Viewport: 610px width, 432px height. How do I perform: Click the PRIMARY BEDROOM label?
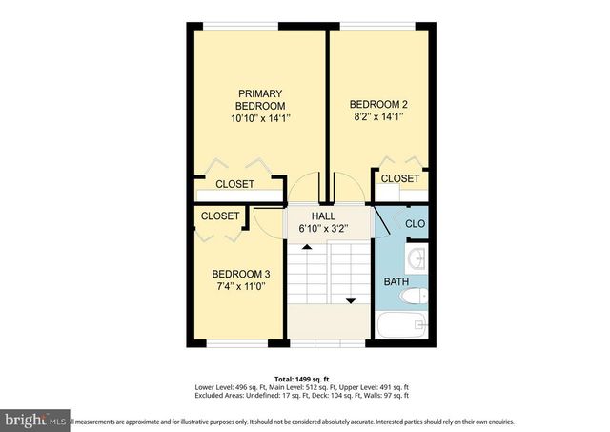[259, 99]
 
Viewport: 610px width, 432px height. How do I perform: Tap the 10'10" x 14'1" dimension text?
[259, 118]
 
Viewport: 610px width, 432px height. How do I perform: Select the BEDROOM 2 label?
[378, 104]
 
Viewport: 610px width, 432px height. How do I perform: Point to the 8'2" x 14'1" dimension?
[378, 117]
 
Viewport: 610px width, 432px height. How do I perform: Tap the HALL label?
[324, 216]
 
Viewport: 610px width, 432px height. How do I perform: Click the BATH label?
[396, 282]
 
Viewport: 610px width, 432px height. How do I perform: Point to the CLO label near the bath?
[416, 224]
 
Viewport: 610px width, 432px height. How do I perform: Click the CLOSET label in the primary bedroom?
[234, 184]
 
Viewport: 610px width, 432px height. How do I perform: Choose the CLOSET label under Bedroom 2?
[400, 178]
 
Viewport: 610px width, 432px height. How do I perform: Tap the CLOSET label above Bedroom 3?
[220, 216]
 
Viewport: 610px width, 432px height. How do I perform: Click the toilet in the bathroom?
[414, 298]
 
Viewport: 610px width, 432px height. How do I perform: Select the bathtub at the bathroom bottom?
[403, 325]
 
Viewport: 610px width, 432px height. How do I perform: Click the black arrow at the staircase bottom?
[350, 300]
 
